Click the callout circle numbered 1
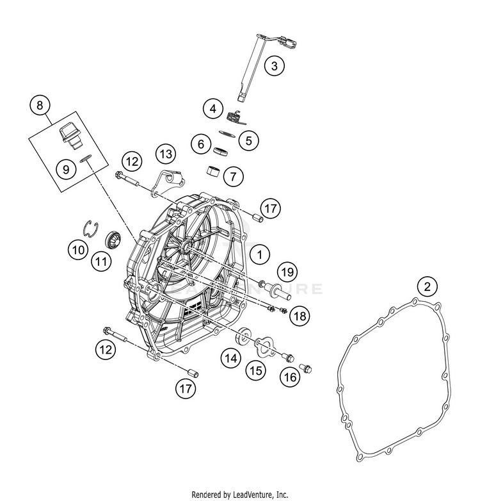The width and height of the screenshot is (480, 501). coord(260,254)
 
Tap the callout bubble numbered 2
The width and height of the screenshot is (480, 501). coord(427,286)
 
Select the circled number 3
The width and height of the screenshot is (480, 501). coord(274,65)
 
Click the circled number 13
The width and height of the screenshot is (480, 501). coord(166,154)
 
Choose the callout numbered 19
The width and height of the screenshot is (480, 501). coord(287,272)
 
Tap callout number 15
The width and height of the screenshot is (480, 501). coord(255,371)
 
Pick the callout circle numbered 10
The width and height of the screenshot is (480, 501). coord(78,250)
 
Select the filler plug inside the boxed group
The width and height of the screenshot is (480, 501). coord(70,136)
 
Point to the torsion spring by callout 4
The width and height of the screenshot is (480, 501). coord(236,117)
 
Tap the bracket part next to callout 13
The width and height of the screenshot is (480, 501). coord(169,183)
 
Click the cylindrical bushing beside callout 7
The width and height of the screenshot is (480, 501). coord(214,170)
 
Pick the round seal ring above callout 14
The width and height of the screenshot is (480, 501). coord(243,334)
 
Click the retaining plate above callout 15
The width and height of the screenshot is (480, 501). coord(266,348)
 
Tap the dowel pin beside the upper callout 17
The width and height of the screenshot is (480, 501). coord(257,218)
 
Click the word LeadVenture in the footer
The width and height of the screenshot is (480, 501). coord(253,495)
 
